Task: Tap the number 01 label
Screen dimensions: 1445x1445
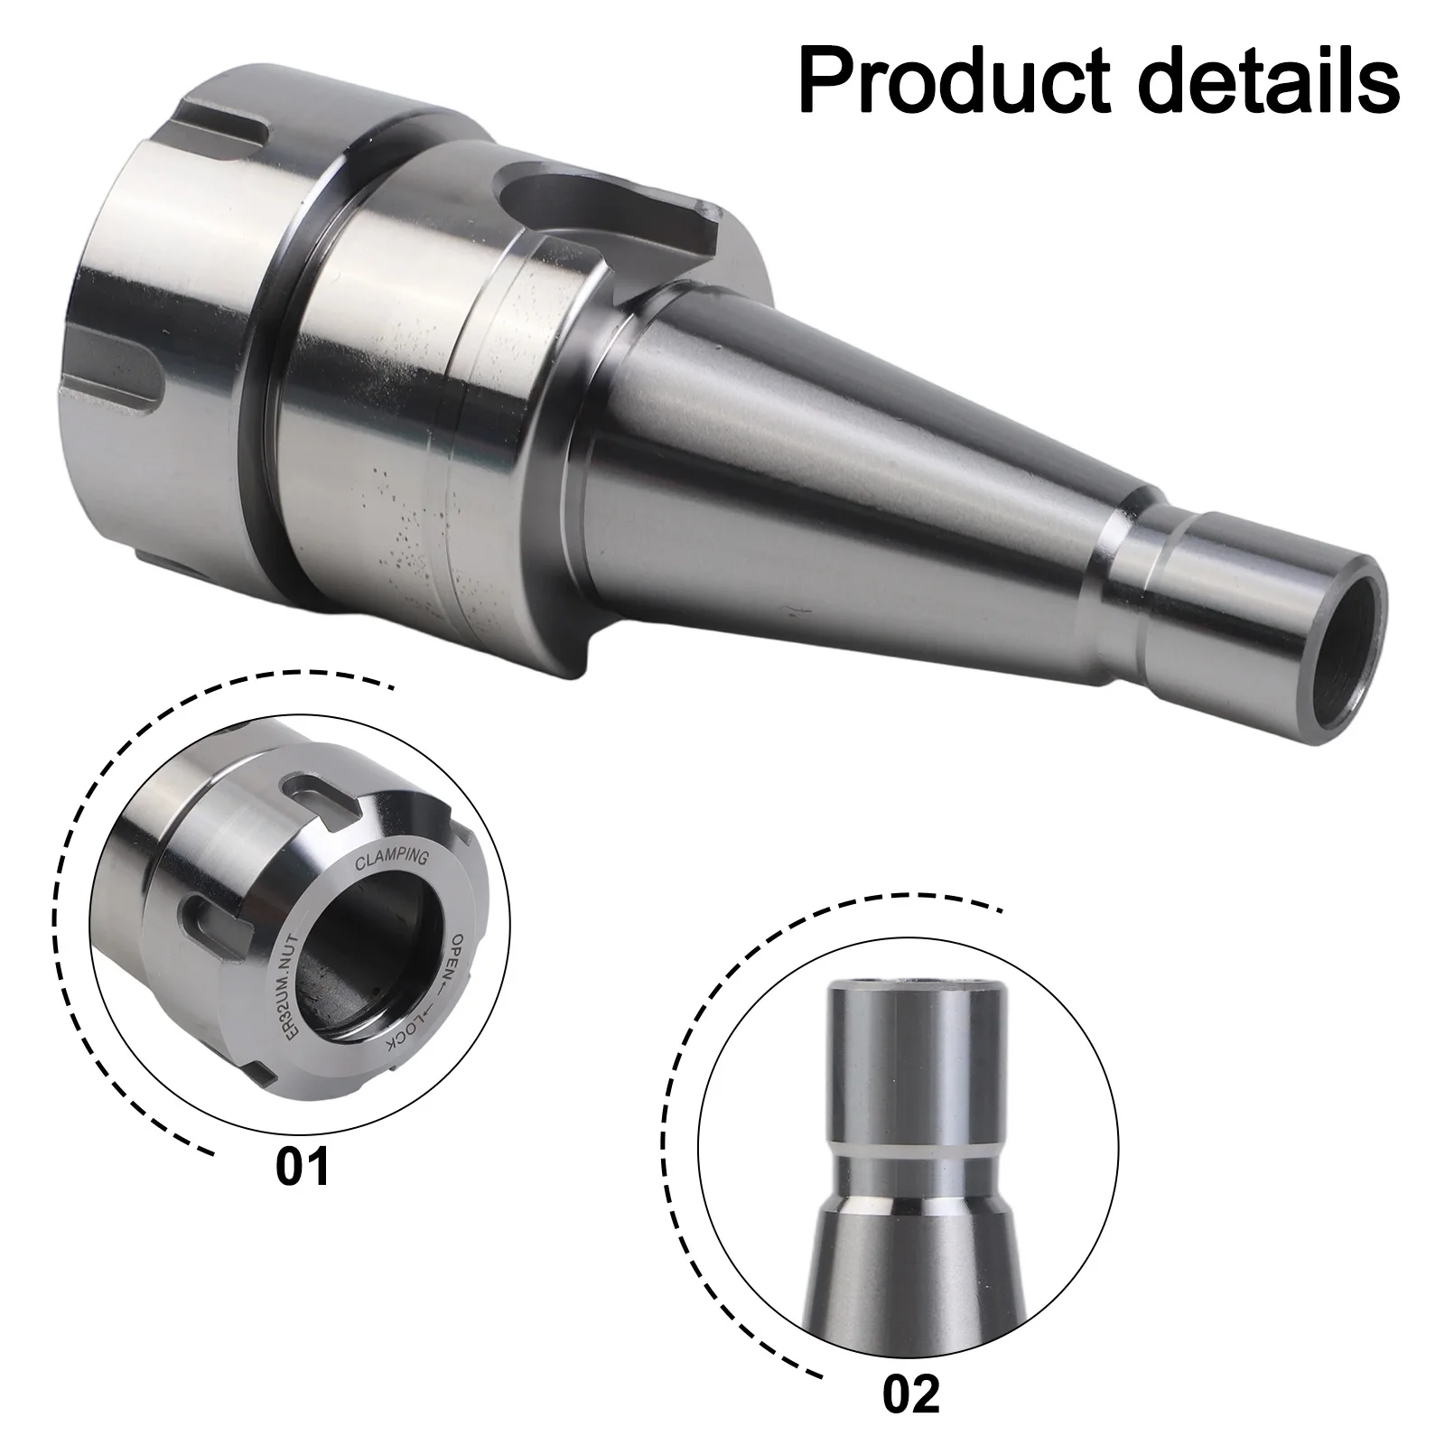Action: [303, 1165]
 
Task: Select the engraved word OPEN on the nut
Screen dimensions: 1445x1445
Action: [454, 958]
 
